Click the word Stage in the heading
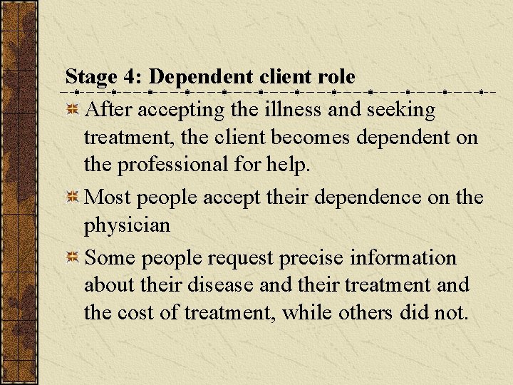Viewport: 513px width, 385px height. (x=89, y=77)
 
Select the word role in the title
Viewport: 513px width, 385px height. (x=336, y=77)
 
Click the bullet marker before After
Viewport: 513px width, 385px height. (x=72, y=110)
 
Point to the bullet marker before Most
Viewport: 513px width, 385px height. (x=72, y=197)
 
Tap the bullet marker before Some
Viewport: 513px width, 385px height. (x=72, y=257)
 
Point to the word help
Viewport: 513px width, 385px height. (x=290, y=165)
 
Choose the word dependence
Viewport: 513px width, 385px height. (x=383, y=197)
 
